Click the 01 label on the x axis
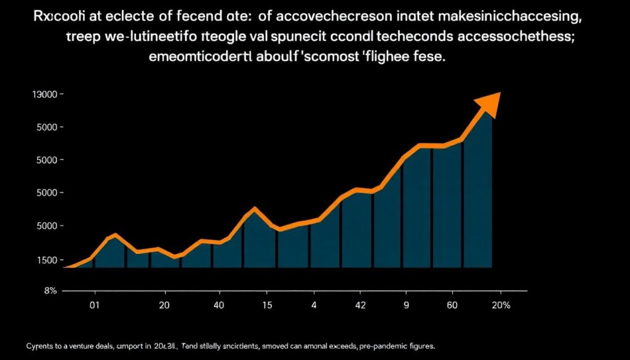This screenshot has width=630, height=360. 94,305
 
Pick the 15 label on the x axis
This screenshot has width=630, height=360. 268,305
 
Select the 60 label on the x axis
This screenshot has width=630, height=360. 452,305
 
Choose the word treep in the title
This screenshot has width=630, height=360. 82,36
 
